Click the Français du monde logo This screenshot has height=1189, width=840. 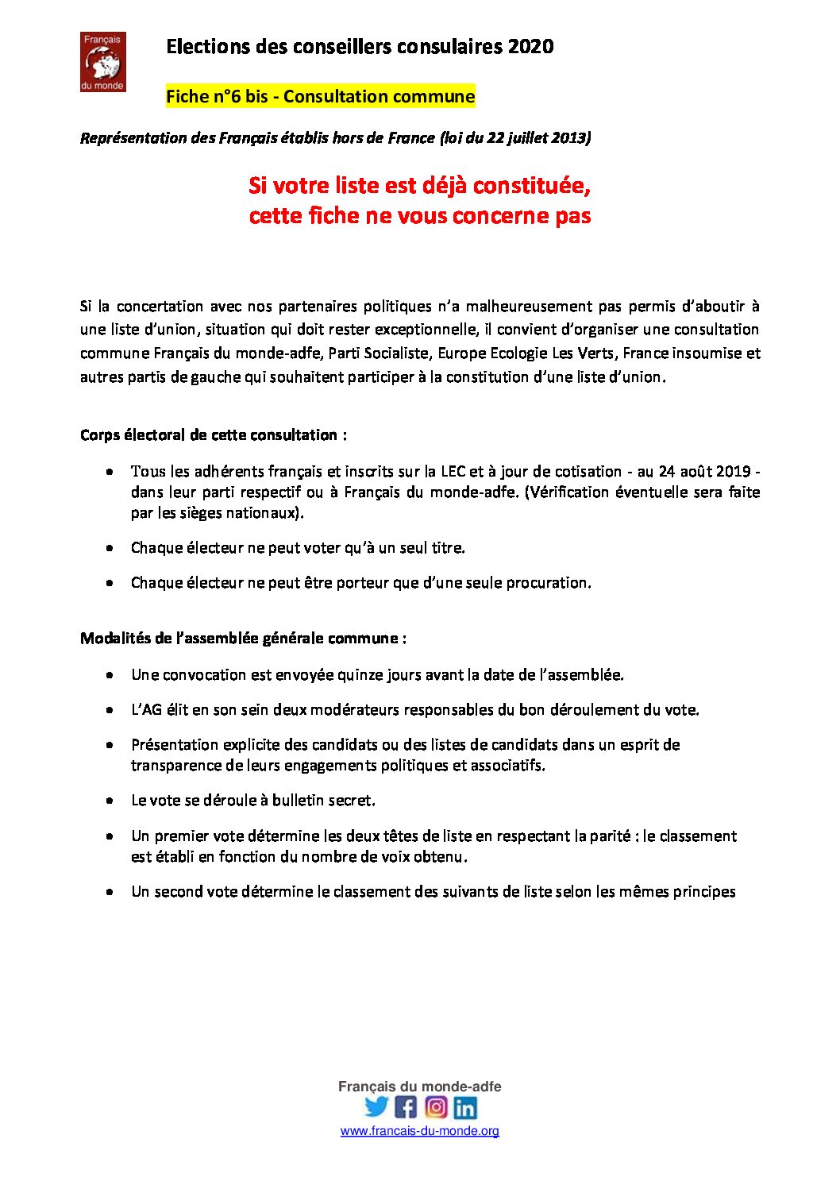[x=103, y=62]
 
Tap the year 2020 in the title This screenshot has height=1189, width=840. [x=530, y=47]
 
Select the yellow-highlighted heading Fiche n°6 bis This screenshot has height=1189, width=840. [x=320, y=97]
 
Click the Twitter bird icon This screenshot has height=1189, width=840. [x=376, y=1106]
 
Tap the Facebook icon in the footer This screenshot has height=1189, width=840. [x=406, y=1106]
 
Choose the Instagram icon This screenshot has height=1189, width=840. [x=436, y=1106]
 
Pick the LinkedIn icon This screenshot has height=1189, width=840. [x=465, y=1106]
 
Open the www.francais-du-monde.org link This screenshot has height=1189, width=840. [x=420, y=1131]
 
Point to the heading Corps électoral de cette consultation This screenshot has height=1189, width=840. [x=213, y=435]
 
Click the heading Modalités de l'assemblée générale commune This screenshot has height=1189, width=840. [x=243, y=639]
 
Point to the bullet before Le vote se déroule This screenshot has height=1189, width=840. [x=110, y=801]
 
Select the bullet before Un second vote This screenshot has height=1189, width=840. [x=110, y=892]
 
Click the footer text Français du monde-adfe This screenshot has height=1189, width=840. [x=420, y=1087]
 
